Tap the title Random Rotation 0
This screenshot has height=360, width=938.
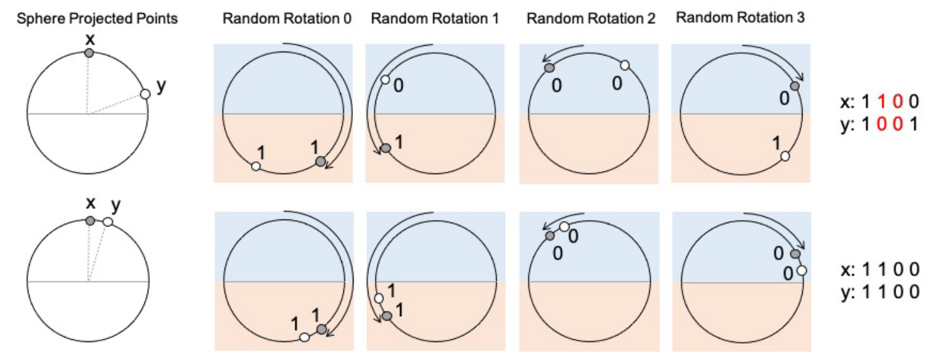point(287,17)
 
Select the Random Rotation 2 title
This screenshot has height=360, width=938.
point(591,18)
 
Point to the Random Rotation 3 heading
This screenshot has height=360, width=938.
point(740,17)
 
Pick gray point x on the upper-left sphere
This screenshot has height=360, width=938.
point(89,53)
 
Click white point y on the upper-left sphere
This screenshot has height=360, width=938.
point(145,94)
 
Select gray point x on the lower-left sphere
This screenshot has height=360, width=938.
point(90,221)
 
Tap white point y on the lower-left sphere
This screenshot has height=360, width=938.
point(108,222)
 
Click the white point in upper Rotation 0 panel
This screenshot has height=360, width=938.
point(256,166)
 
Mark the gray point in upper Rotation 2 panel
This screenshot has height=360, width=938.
point(549,67)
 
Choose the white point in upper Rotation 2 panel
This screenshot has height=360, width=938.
point(624,65)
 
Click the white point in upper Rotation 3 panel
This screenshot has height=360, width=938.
point(784,156)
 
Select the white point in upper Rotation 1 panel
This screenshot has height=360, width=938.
point(385,80)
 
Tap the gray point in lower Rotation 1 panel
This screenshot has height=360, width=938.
point(387,315)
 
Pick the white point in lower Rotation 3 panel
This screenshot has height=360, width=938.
point(801,272)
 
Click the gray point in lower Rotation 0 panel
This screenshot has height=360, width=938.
point(321,330)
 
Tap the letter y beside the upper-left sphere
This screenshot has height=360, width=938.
point(161,86)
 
